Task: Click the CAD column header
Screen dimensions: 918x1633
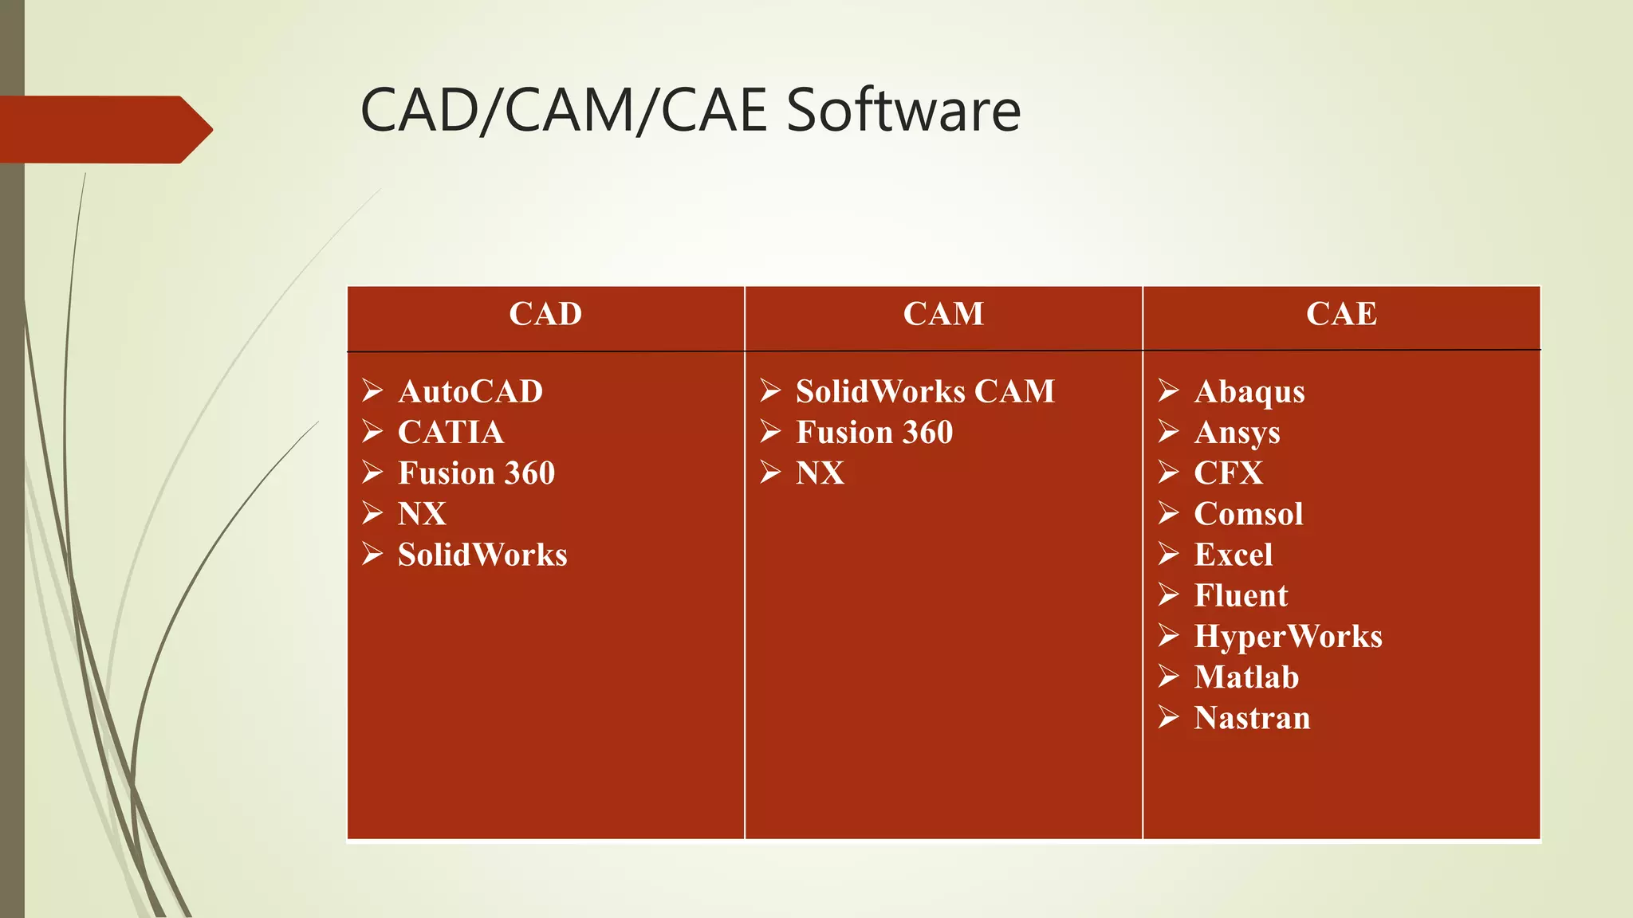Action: click(x=545, y=314)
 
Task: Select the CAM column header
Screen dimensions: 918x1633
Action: click(x=943, y=314)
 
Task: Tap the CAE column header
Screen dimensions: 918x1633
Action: click(x=1341, y=314)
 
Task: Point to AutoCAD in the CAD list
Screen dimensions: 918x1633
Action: click(x=470, y=391)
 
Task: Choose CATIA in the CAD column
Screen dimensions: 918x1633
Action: click(x=451, y=432)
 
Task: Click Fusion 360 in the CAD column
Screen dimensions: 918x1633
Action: click(x=476, y=473)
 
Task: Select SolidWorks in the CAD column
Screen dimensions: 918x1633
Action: click(x=482, y=555)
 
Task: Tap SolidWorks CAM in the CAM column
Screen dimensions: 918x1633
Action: click(x=925, y=391)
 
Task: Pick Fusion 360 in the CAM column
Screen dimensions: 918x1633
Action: click(x=874, y=432)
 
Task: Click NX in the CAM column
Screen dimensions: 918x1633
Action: click(x=820, y=473)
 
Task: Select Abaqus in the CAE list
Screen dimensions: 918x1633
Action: click(x=1249, y=392)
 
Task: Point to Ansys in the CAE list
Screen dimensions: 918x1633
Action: click(x=1237, y=433)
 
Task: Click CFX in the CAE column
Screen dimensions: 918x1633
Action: click(x=1228, y=473)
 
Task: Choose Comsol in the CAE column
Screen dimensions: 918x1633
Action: click(x=1249, y=514)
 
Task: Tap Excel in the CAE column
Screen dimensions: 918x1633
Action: click(x=1234, y=555)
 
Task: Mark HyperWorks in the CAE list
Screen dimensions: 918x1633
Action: click(x=1288, y=637)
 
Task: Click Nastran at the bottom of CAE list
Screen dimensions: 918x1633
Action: click(x=1252, y=718)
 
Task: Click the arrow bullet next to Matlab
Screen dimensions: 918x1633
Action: click(x=1169, y=677)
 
